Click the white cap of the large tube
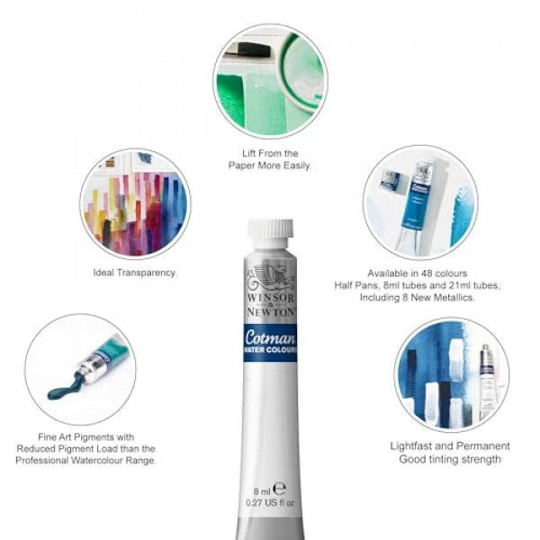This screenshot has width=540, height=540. (270, 233)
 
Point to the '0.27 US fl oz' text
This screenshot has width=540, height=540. (270, 503)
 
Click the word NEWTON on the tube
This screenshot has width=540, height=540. (270, 310)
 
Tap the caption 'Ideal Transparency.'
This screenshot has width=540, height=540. (135, 272)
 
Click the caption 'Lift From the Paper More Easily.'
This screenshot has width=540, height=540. (270, 159)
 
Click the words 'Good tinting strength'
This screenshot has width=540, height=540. (450, 460)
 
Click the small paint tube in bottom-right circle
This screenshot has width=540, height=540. (486, 378)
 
